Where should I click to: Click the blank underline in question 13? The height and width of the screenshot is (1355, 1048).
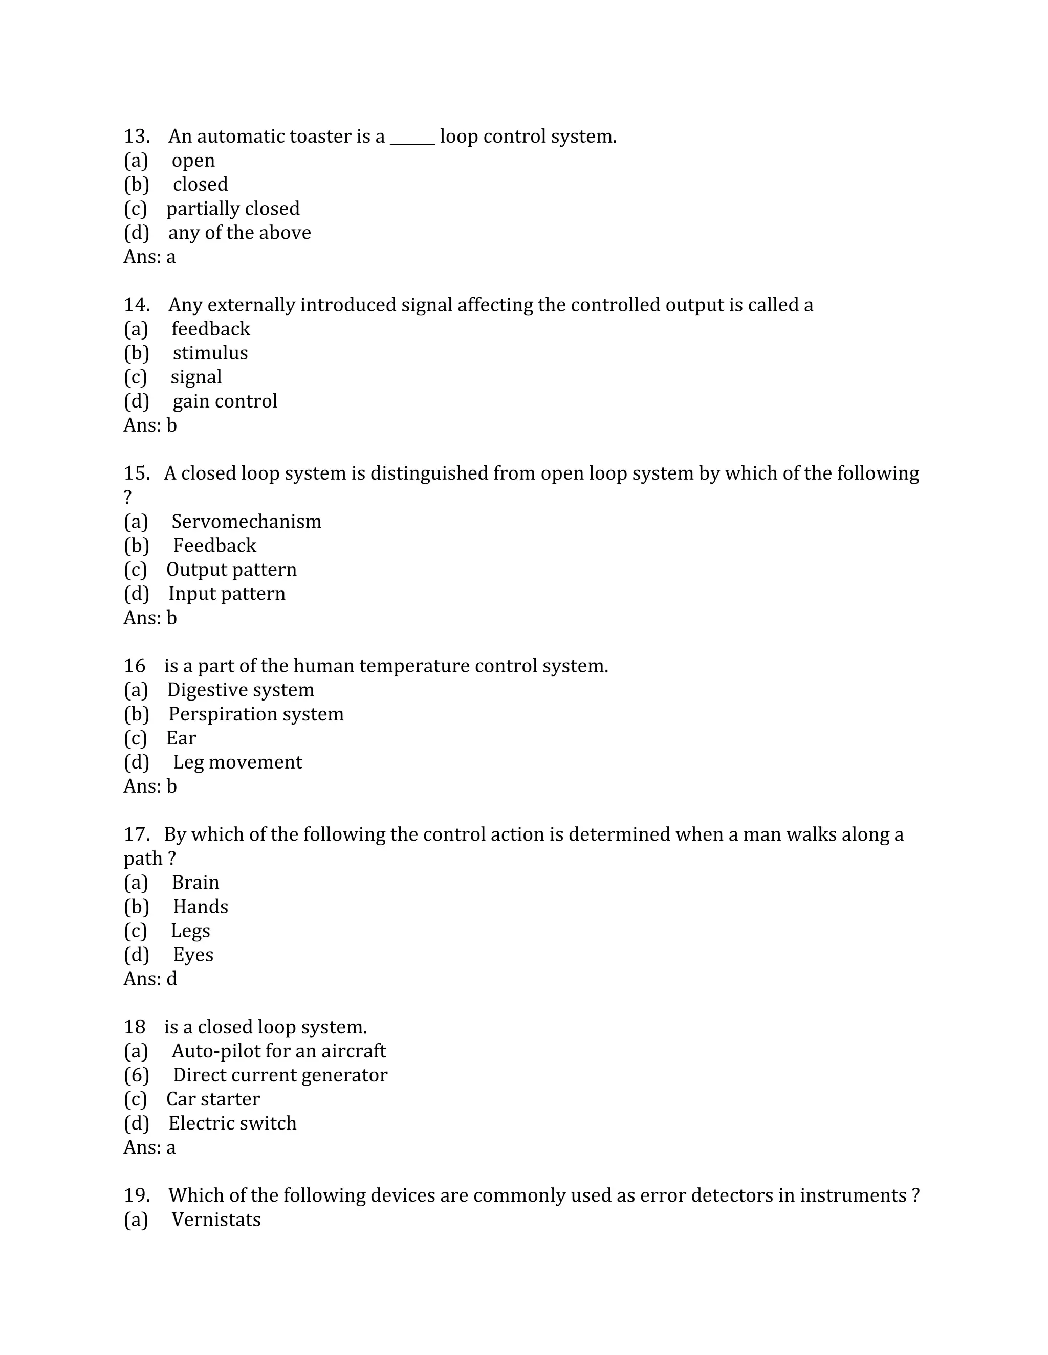[x=412, y=142]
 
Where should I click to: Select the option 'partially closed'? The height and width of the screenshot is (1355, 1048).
[x=232, y=209]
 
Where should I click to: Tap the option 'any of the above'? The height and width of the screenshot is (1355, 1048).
[x=239, y=233]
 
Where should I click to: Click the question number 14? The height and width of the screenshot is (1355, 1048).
[x=137, y=305]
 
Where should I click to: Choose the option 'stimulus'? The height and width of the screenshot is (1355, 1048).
[x=210, y=353]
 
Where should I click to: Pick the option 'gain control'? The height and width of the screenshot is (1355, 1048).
[x=225, y=401]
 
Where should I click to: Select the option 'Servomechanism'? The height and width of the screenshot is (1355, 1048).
[x=247, y=522]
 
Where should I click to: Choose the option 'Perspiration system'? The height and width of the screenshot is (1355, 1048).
[x=256, y=714]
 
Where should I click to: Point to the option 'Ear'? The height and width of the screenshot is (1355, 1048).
[x=181, y=738]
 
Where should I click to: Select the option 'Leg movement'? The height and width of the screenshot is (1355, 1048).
[x=237, y=762]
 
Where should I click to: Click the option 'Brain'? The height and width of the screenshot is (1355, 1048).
[x=195, y=883]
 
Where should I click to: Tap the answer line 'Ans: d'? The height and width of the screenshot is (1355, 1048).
[x=150, y=979]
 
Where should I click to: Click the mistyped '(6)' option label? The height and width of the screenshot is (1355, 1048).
[x=137, y=1075]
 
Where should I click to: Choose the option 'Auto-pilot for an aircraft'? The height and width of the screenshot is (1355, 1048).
[x=279, y=1051]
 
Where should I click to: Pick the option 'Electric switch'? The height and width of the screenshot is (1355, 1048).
[x=232, y=1123]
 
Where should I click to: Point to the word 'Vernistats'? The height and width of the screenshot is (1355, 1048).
[x=216, y=1219]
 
